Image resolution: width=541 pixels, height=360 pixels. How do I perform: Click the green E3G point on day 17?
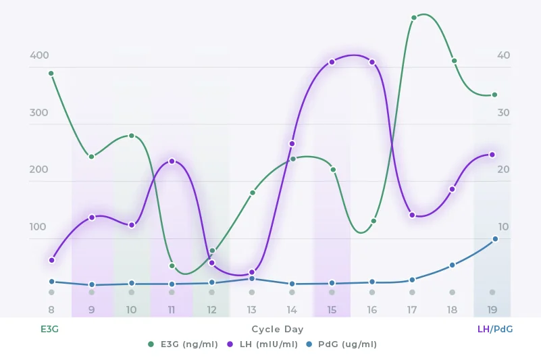tap(414, 18)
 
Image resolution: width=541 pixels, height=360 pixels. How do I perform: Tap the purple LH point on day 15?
tap(332, 62)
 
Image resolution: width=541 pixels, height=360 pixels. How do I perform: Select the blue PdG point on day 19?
tap(495, 239)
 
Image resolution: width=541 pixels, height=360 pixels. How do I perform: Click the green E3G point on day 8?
tap(51, 74)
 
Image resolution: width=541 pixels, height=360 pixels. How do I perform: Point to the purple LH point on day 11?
tap(172, 161)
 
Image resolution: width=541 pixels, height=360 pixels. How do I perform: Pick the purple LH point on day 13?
tap(252, 272)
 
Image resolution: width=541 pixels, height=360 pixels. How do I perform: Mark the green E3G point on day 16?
tap(373, 222)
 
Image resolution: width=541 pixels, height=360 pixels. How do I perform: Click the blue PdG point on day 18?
tap(453, 265)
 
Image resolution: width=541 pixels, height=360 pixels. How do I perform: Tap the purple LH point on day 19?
tap(492, 155)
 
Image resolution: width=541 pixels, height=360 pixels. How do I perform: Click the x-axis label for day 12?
tap(211, 310)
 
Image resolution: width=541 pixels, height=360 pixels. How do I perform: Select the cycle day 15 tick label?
tap(332, 310)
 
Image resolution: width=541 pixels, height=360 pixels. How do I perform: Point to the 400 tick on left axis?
tap(39, 55)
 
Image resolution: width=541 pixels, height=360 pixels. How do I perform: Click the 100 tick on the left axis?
tap(39, 227)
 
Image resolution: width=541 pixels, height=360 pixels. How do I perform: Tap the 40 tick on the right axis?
tap(503, 55)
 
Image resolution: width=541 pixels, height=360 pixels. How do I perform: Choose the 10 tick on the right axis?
tap(503, 227)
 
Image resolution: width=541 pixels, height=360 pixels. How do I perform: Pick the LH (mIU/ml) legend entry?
tap(263, 344)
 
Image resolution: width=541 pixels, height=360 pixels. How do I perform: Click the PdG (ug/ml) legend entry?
tap(343, 344)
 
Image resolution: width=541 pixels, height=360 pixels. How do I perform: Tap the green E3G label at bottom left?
tap(49, 329)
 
